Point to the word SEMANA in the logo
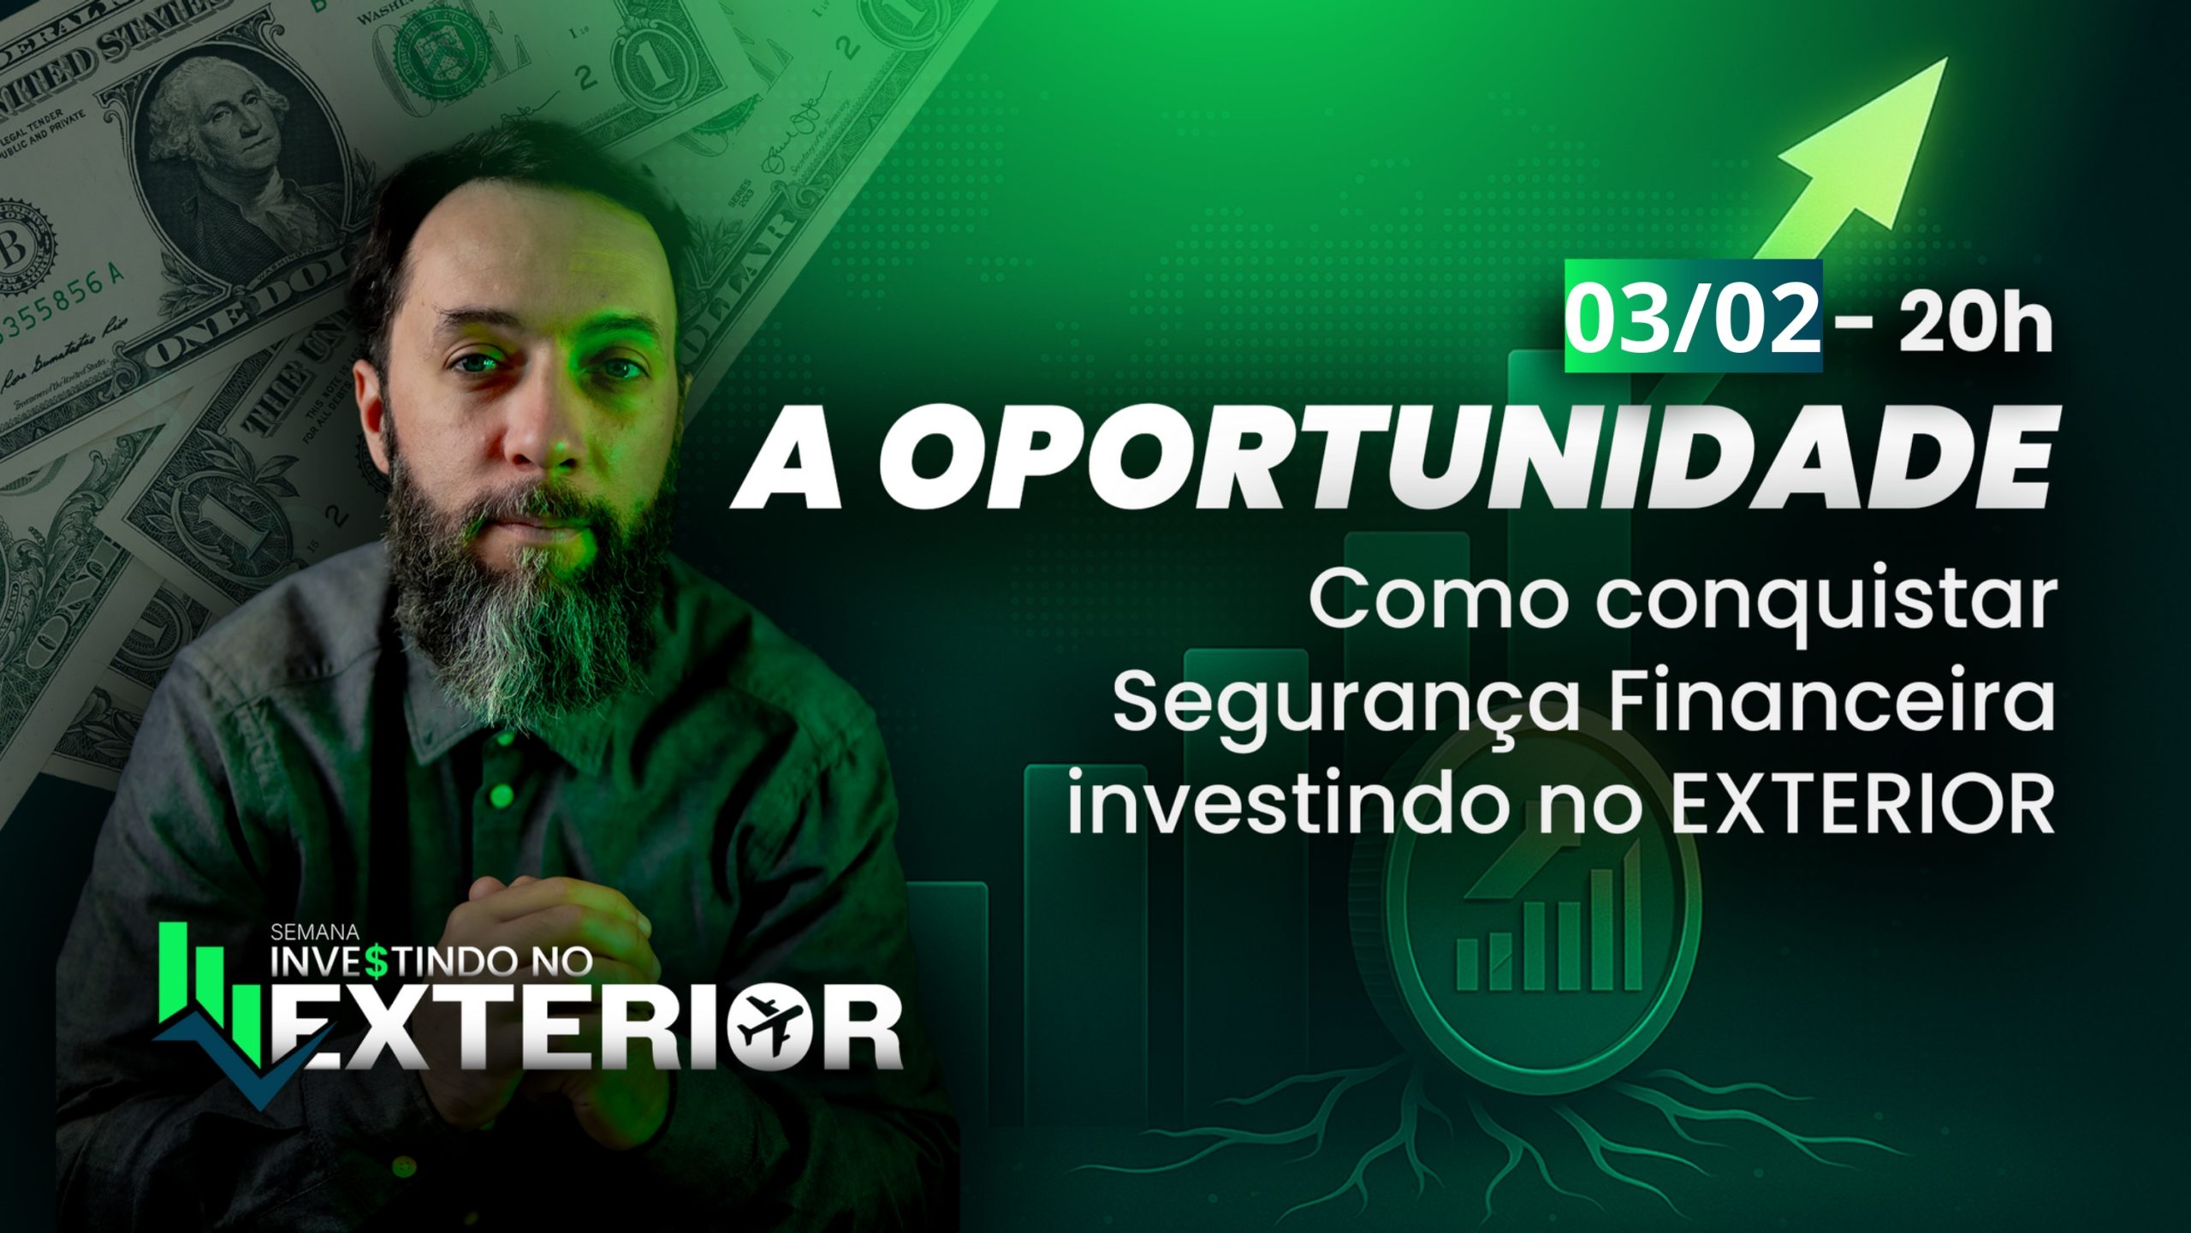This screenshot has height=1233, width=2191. pos(315,931)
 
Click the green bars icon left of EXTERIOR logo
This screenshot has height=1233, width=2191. pos(210,993)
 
